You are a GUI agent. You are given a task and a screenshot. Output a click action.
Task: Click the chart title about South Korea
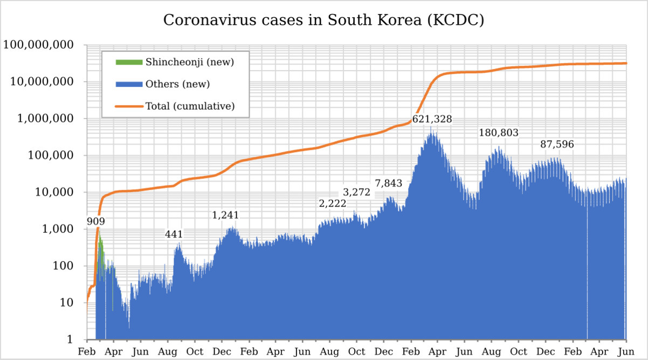pos(323,20)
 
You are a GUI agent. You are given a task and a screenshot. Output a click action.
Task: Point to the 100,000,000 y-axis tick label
pos(38,45)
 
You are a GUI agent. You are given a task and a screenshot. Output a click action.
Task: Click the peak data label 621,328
pos(432,119)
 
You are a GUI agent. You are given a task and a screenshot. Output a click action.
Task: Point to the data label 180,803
pos(499,133)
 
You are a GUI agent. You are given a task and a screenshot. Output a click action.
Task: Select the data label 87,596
pos(557,144)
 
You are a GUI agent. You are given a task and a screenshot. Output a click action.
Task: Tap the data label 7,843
pos(389,183)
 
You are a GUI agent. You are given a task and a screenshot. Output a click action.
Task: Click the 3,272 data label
pos(356,192)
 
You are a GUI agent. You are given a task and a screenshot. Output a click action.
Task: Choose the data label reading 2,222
pos(332,204)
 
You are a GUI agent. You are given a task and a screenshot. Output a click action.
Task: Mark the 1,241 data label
pos(225,215)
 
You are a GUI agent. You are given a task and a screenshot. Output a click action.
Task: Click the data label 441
pos(174,234)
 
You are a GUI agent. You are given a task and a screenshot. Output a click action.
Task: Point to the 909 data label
pos(96,221)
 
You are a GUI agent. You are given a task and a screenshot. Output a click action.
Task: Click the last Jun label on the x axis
pos(625,351)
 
